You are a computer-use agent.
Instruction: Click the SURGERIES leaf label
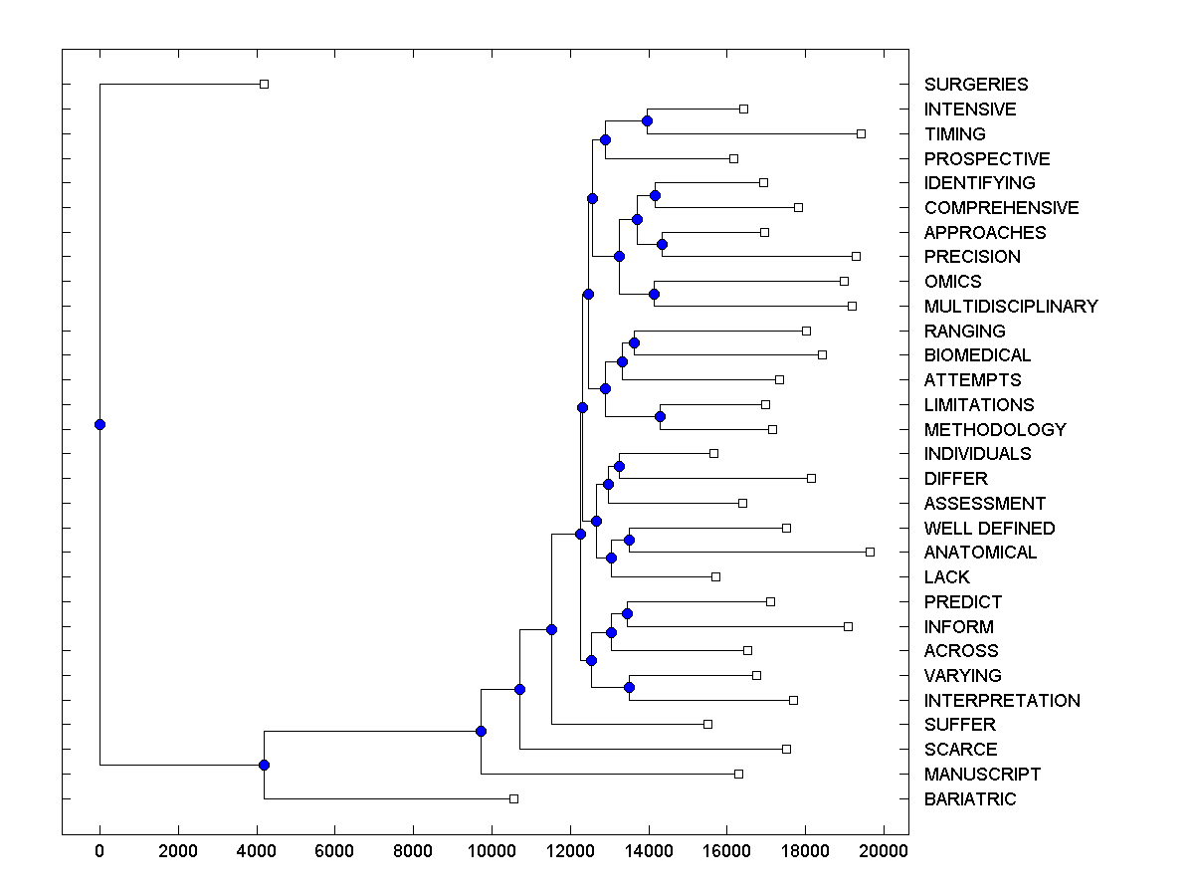coord(976,85)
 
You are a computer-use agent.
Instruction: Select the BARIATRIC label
coord(970,799)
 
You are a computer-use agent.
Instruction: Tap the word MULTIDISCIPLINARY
coord(1011,307)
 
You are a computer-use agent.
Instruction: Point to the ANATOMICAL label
coord(980,553)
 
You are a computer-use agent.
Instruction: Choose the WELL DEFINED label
coord(989,529)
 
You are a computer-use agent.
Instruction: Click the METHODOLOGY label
coord(995,430)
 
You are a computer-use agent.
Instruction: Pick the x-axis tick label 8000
coord(413,849)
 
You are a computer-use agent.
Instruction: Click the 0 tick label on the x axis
coord(99,849)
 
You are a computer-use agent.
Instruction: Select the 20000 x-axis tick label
coord(884,849)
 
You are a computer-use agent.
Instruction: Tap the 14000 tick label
coord(648,849)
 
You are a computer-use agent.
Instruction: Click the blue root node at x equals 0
coord(99,425)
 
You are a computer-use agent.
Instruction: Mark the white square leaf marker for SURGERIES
coord(264,85)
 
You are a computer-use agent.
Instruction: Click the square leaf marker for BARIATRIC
coord(513,798)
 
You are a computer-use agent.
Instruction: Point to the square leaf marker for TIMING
coord(861,133)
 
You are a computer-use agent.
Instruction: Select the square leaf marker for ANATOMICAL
coord(870,552)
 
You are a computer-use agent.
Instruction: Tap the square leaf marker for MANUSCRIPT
coord(738,774)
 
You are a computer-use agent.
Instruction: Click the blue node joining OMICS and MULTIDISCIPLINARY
coord(654,294)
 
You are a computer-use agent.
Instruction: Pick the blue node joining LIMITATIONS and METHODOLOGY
coord(660,417)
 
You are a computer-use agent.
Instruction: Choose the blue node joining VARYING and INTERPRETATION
coord(629,688)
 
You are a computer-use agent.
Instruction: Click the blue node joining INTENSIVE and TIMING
coord(647,121)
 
